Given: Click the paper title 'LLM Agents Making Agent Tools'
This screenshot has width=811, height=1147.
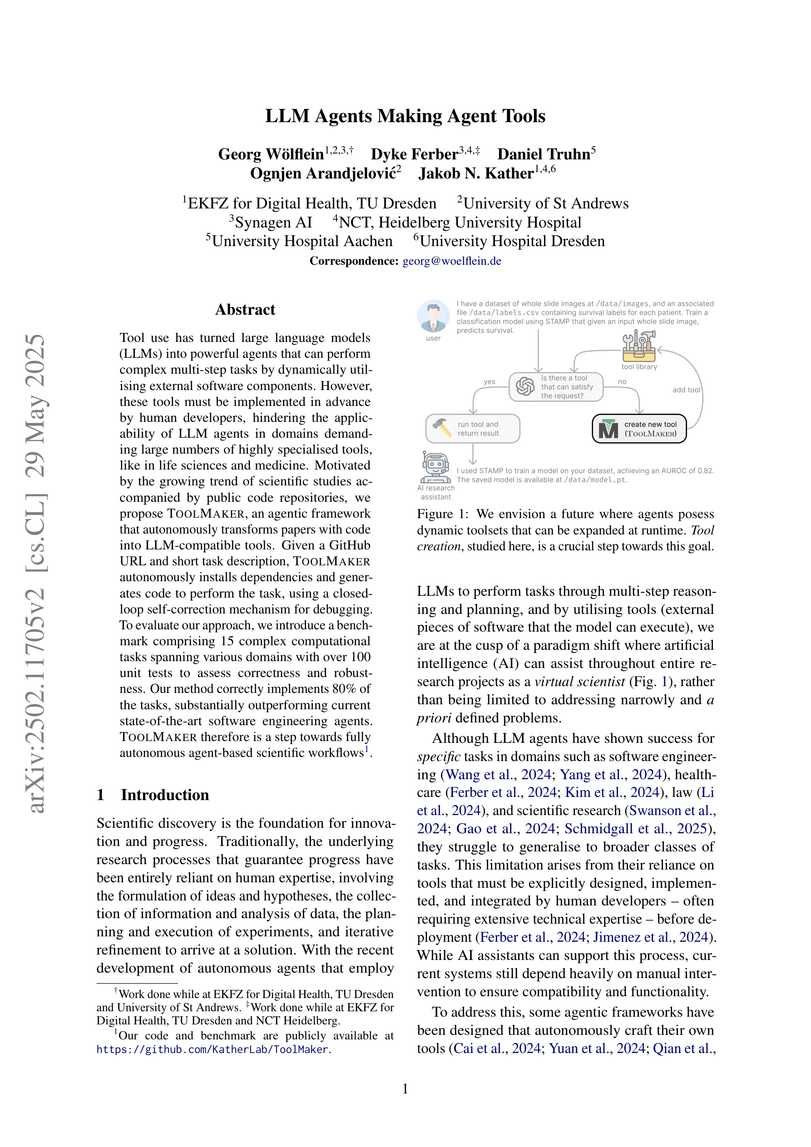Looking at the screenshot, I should point(405,116).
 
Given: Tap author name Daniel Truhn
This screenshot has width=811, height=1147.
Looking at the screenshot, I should point(543,154).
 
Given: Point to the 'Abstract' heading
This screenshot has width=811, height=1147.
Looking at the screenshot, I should point(245,310).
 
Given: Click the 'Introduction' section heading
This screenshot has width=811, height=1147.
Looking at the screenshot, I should point(164,795).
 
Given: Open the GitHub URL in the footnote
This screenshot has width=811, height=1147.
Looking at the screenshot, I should point(213,1049).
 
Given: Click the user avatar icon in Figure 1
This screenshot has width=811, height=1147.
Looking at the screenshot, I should point(433,316).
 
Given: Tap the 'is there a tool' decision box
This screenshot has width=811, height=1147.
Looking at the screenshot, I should point(556,387).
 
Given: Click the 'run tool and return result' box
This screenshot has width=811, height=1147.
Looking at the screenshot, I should point(472,429).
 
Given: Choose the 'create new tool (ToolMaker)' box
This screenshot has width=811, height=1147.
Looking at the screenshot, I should point(638,429).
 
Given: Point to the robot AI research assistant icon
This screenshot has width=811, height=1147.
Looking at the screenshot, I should point(435,468).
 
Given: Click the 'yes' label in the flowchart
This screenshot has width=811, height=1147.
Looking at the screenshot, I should point(489,382).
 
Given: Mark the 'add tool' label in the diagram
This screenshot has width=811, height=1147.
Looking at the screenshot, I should point(686,390).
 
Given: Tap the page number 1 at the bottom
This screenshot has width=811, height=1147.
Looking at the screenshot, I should point(405,1088).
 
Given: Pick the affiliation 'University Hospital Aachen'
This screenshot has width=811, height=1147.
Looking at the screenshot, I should point(302,241).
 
